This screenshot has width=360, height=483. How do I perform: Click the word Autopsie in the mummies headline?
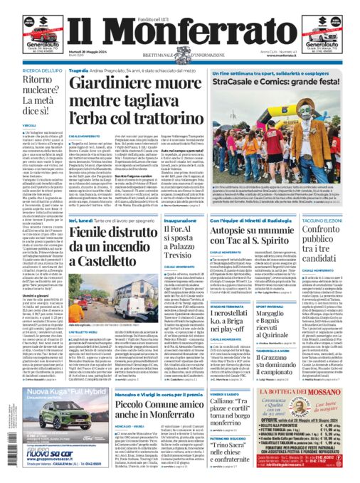[238, 233]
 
